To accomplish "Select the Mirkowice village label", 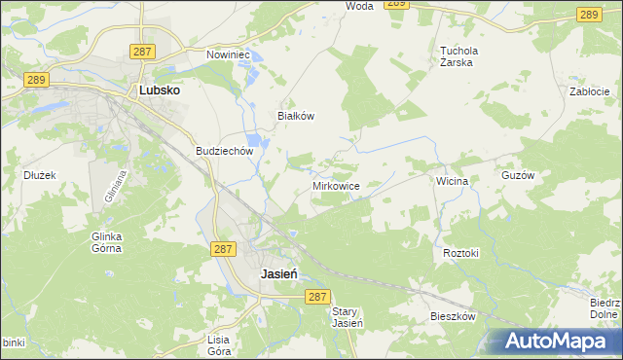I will click(337, 185).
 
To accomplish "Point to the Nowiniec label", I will click(229, 54).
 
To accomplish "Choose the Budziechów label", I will click(224, 151).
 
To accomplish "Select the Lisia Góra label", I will click(218, 345).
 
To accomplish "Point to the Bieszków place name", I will click(453, 317).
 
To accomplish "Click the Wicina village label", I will click(453, 181).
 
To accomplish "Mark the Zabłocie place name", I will click(589, 91).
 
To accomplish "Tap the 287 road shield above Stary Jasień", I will click(316, 296).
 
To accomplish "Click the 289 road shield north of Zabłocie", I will click(587, 14).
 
